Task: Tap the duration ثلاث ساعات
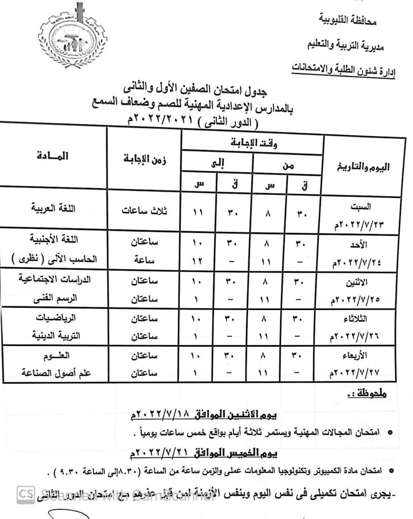coord(145,211)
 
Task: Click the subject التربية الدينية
coord(57,336)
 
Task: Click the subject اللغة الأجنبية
coord(56,241)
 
